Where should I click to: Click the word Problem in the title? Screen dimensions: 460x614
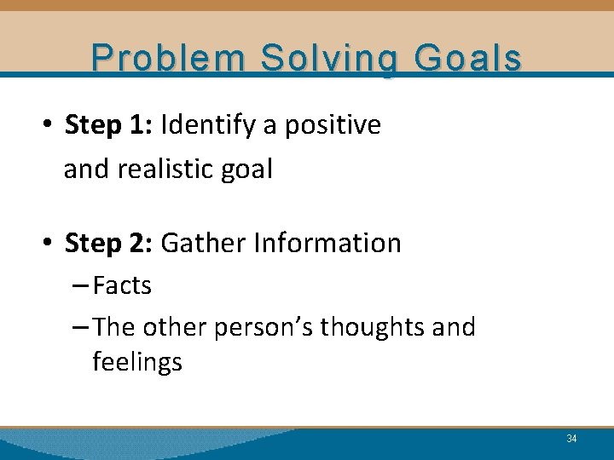tap(169, 58)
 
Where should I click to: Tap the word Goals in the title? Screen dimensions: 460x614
tap(467, 58)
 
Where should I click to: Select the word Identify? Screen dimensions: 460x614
tap(208, 125)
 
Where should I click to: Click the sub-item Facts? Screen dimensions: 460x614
tap(122, 285)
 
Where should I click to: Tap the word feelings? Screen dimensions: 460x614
tap(137, 363)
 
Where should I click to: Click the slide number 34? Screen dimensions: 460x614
tap(571, 439)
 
